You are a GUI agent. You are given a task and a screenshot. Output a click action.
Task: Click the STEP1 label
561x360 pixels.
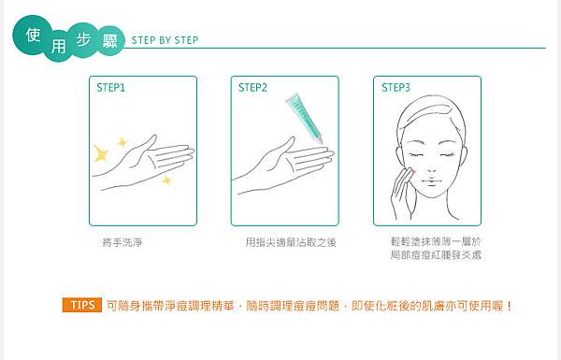[111, 88]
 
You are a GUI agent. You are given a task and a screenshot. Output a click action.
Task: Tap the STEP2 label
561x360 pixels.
[252, 88]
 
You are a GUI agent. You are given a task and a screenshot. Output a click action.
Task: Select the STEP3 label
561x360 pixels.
[396, 88]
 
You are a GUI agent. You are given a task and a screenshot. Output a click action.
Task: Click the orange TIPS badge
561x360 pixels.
[82, 305]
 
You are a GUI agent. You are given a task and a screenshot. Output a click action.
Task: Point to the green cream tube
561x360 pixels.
[305, 119]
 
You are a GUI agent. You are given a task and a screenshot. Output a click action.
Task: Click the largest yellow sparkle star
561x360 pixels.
[101, 153]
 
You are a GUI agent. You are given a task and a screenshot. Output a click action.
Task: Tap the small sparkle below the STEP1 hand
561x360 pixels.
[166, 180]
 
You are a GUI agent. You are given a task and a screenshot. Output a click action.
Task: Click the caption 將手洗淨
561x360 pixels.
[122, 242]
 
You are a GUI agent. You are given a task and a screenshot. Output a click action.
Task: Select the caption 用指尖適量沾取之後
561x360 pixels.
[291, 242]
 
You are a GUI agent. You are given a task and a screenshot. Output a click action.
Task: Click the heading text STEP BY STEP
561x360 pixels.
[165, 40]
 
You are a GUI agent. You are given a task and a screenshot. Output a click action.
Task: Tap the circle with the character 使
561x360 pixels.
[33, 36]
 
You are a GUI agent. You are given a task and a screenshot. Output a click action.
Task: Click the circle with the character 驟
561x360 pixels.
[109, 41]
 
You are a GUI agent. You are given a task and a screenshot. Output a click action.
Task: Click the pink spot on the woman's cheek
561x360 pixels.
[414, 172]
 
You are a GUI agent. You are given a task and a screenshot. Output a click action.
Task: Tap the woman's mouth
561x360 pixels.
[431, 180]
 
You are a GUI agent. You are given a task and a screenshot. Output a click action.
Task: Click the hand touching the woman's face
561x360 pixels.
[402, 194]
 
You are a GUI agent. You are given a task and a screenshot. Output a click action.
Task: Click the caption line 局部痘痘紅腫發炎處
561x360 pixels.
[436, 255]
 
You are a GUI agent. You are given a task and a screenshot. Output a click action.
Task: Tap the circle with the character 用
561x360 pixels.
[58, 47]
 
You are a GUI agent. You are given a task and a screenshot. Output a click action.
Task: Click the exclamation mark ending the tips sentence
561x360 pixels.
[510, 306]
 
